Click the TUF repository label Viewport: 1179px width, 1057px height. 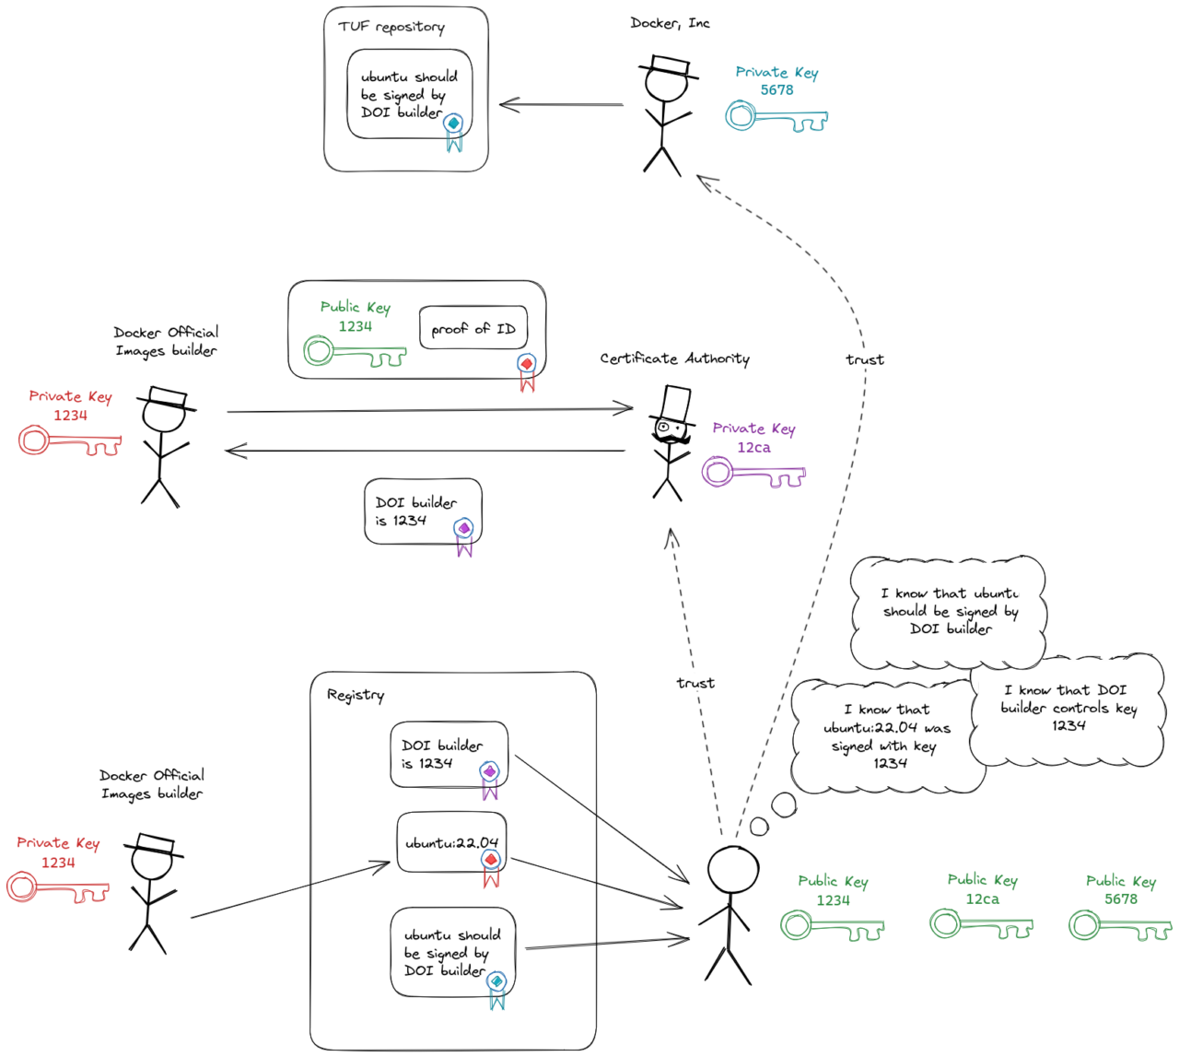391,27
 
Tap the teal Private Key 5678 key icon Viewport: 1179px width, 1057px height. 776,118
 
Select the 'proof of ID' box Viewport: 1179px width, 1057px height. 473,328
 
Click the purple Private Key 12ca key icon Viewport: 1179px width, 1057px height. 753,474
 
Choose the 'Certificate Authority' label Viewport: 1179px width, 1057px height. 674,358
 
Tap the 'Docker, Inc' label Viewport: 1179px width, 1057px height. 670,23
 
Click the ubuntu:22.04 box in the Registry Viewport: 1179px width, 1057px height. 451,842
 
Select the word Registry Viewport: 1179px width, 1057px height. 356,695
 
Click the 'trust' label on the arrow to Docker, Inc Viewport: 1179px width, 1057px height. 864,359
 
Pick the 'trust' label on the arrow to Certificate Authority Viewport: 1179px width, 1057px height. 695,683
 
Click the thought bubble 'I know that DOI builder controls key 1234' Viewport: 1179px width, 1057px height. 1068,708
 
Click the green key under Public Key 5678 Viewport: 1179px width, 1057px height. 1119,926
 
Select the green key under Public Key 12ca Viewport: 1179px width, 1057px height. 980,925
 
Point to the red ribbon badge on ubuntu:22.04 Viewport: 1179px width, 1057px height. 491,866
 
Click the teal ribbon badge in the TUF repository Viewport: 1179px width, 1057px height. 453,130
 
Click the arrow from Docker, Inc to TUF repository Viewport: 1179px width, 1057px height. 561,105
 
